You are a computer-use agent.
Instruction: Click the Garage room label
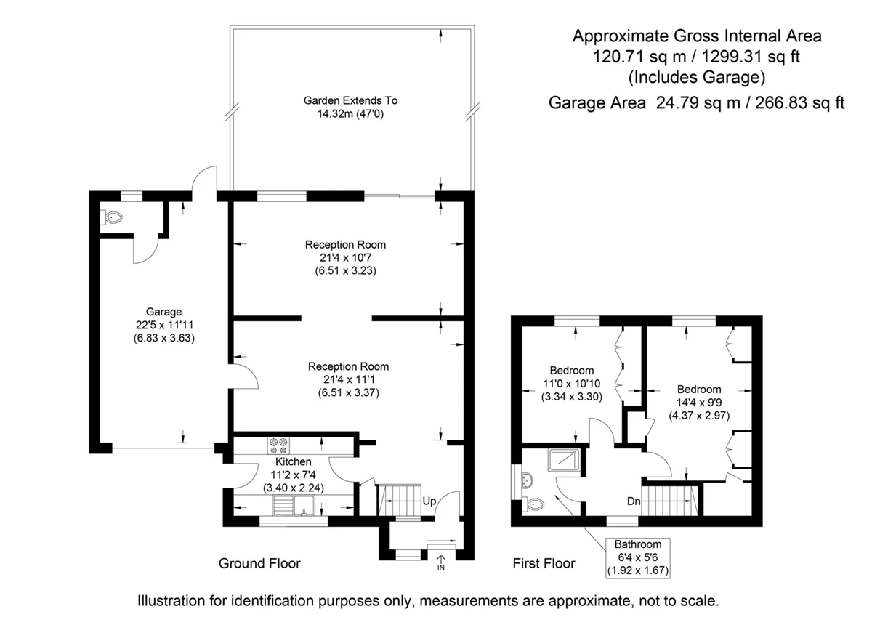pos(163,312)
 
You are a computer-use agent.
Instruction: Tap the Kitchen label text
pos(293,461)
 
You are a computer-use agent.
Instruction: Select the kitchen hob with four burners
pos(279,446)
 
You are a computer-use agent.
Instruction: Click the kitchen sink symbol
pos(294,505)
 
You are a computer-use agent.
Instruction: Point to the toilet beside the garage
pos(112,217)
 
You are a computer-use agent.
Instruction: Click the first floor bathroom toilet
pos(533,504)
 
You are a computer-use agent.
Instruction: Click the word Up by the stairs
pos(429,501)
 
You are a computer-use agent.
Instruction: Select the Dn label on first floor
pos(634,501)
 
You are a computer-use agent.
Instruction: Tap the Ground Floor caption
pos(259,563)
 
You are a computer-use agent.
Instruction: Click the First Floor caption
pos(544,563)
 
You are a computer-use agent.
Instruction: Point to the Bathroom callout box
pos(638,557)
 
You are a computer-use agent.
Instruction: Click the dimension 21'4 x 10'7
pos(346,258)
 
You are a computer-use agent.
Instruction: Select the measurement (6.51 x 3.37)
pos(348,392)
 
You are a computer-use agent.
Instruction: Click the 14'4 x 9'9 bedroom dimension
pos(699,402)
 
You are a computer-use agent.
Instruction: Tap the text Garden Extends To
pos(350,100)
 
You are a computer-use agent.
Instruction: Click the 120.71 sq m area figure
pos(639,57)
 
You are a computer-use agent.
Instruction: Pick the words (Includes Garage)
pos(697,77)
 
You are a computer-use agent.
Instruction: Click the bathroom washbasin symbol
pos(526,481)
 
